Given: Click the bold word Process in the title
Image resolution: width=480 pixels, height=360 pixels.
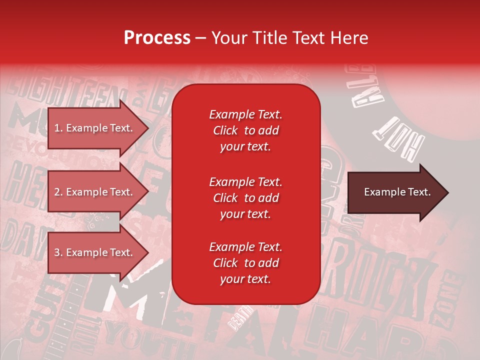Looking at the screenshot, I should [x=157, y=38].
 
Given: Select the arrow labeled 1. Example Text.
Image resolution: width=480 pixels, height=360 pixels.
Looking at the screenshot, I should [x=95, y=128].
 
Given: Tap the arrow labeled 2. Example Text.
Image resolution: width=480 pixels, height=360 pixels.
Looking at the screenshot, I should [x=95, y=192].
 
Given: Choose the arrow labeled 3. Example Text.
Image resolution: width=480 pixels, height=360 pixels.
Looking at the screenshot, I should [x=95, y=252].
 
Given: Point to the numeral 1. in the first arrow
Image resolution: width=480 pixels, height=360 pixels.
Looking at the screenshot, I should [x=58, y=128].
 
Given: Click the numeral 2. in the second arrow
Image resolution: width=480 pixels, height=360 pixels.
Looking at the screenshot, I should [x=58, y=192].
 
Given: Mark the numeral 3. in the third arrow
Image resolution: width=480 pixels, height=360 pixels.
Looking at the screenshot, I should [x=58, y=252].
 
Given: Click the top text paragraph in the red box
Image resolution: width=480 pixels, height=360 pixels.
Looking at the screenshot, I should [x=245, y=130].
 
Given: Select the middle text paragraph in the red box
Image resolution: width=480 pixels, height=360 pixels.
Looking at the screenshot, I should [x=245, y=198].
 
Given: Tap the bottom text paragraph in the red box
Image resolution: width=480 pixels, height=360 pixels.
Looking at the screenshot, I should [x=245, y=263].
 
